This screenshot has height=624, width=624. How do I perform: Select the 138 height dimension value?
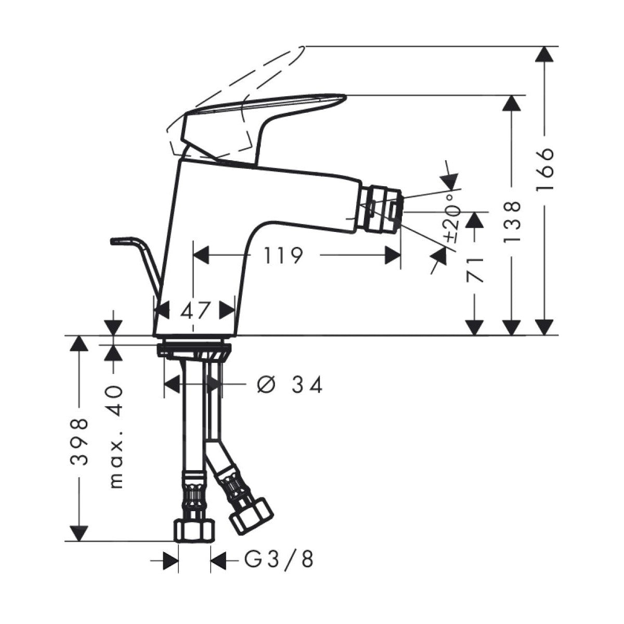(512, 222)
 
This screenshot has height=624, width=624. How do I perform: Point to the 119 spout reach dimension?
(282, 255)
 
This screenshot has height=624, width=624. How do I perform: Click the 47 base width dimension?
(195, 311)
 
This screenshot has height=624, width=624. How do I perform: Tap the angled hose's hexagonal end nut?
(251, 516)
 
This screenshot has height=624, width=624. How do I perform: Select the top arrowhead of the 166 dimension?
(544, 55)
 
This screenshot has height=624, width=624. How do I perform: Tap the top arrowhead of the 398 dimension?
(78, 344)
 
